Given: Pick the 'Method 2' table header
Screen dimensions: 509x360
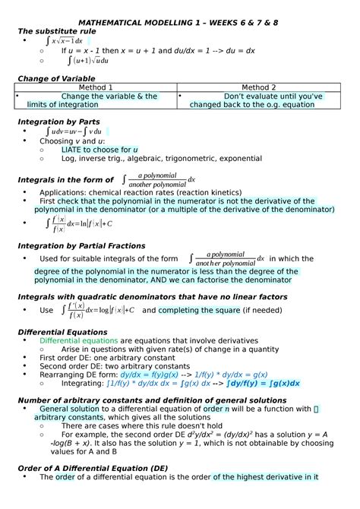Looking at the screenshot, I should click(258, 87).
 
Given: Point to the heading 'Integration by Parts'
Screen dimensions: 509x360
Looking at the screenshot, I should click(58, 122).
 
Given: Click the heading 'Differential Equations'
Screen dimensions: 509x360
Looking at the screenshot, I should click(62, 332).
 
